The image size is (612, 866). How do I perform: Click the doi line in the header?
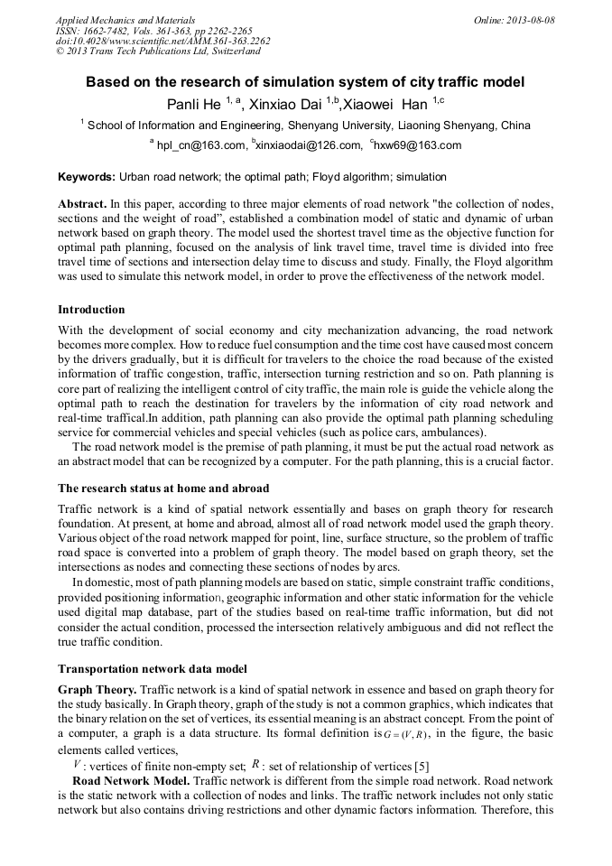coord(162,42)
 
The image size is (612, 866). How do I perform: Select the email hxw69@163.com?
coord(419,145)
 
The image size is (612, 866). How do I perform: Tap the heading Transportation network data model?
coord(152,668)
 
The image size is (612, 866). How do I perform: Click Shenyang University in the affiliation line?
coord(344,126)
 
